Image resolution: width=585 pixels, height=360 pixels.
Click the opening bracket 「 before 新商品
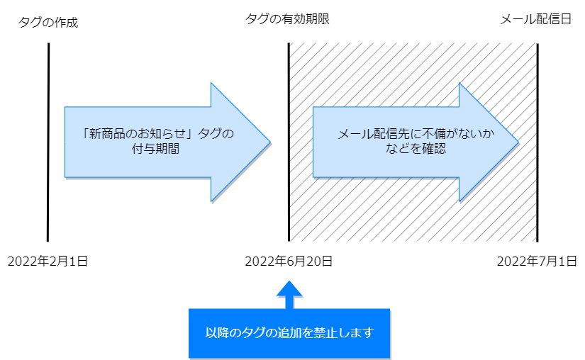tap(83, 134)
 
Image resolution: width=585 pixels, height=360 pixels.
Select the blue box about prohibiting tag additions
tap(289, 333)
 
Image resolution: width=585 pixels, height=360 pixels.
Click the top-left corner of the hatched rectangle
tap(290, 43)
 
